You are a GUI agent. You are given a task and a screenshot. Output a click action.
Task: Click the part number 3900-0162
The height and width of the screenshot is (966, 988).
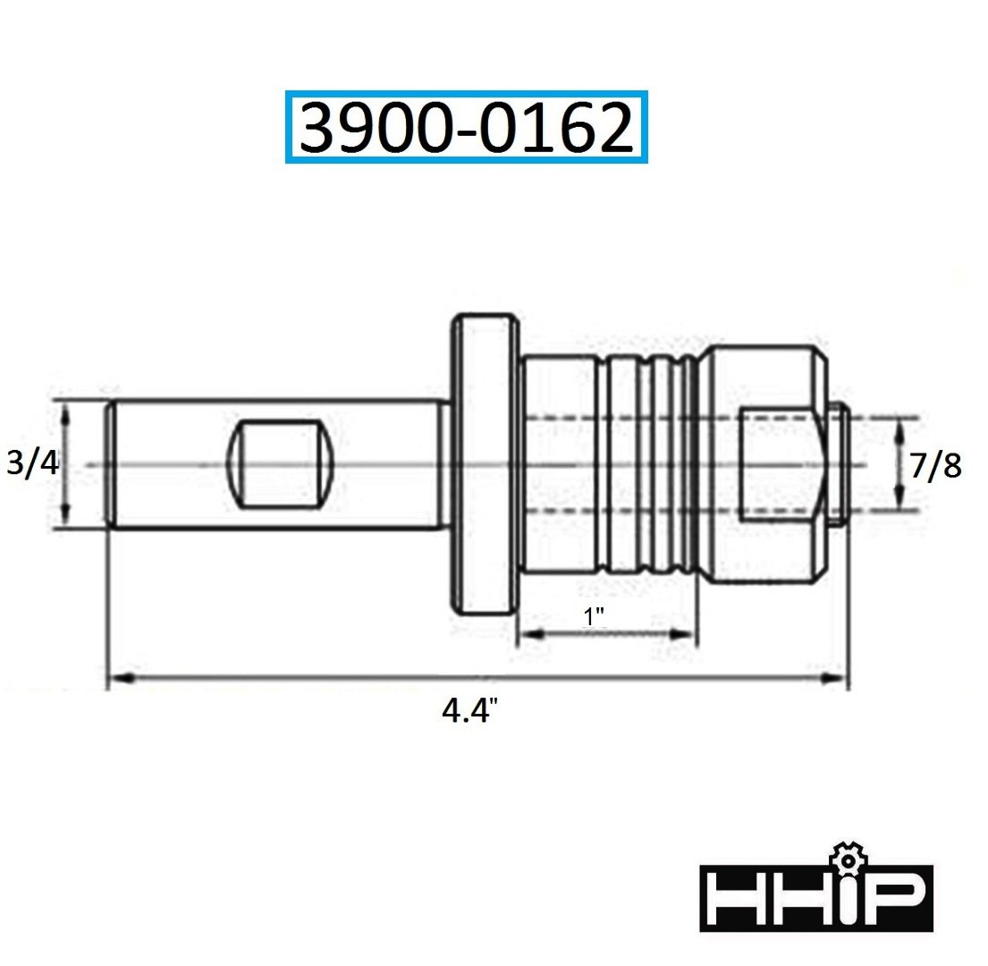466,128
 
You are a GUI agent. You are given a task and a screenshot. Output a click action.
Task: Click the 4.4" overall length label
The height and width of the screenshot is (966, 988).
469,713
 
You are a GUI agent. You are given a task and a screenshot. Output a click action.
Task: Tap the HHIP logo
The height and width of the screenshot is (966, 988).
815,898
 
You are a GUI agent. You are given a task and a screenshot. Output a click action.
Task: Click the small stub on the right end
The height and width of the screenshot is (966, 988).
839,464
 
